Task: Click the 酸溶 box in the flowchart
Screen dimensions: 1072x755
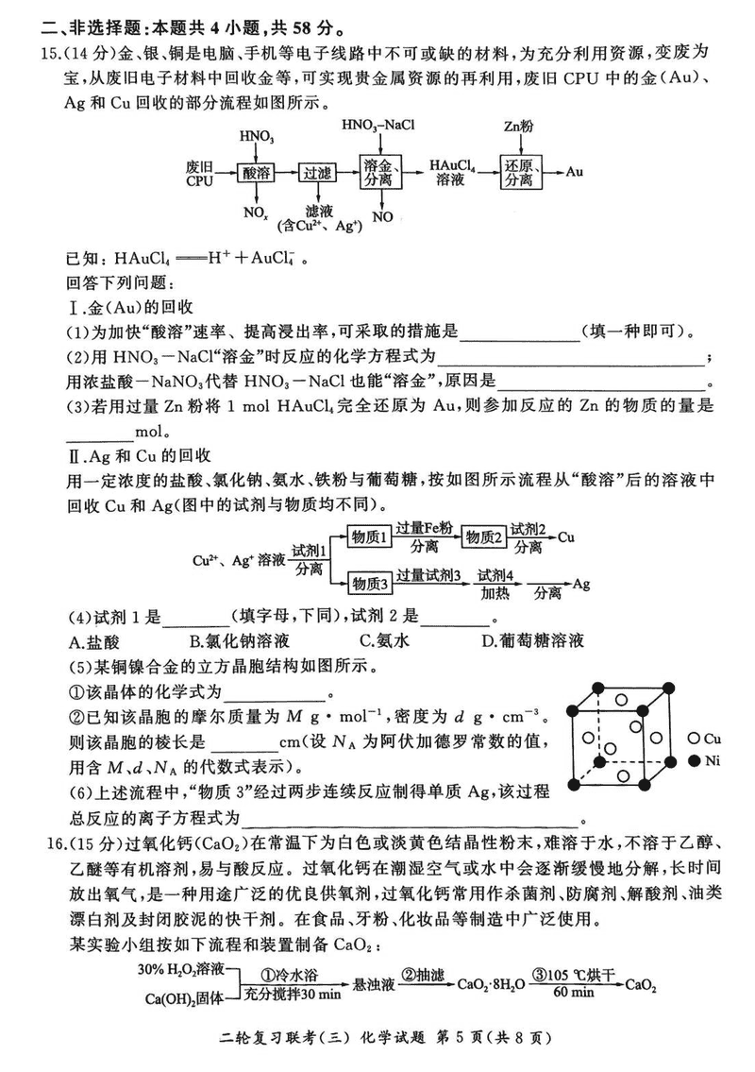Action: point(256,173)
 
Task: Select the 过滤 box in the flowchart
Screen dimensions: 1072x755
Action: point(314,173)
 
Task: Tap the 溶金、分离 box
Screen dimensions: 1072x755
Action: point(380,172)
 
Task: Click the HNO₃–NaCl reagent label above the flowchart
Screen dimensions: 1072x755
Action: point(378,125)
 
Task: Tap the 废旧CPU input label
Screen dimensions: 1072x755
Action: point(199,173)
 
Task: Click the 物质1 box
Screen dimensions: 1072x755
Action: point(369,537)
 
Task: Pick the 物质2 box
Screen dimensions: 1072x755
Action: point(486,537)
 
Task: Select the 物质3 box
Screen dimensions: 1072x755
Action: point(369,583)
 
